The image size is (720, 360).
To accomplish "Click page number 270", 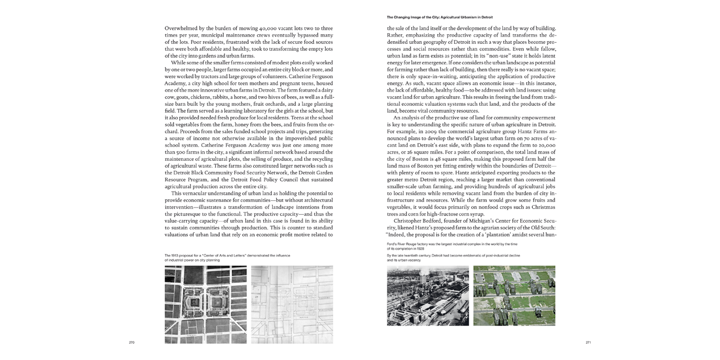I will point(132,342).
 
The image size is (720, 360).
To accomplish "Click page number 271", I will point(588,342).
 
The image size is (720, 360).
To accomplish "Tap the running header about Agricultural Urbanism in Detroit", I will point(439,17).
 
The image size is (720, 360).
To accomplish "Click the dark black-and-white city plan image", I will point(205,304).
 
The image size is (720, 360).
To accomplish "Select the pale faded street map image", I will point(291,304).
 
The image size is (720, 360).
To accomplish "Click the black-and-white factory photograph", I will point(427,295).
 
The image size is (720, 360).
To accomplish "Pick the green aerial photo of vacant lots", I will point(514,295).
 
